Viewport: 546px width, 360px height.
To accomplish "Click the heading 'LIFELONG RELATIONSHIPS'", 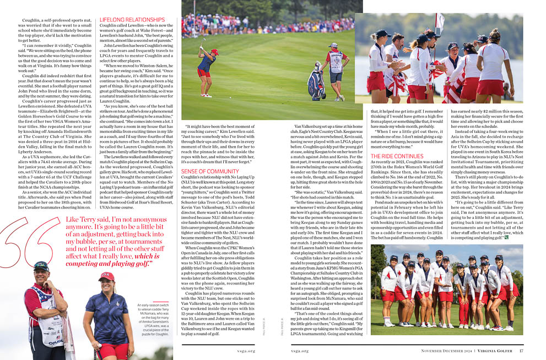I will [128, 19].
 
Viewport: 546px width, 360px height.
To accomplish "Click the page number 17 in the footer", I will [521, 351].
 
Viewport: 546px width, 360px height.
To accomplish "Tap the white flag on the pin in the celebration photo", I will [439, 22].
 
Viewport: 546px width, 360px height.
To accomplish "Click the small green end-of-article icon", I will [506, 238].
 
